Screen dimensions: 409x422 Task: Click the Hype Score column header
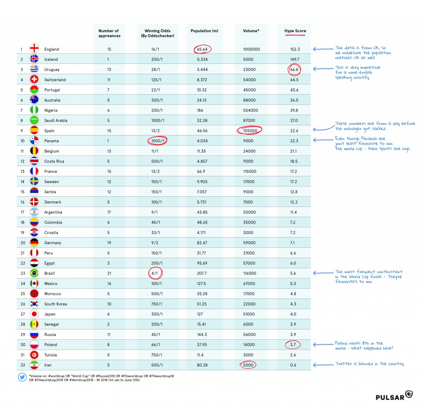[295, 31]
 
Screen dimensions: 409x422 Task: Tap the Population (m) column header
[201, 31]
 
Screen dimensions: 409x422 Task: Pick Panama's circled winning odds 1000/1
[157, 141]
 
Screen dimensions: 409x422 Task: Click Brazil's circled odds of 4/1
[155, 273]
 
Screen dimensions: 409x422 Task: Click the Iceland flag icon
[34, 59]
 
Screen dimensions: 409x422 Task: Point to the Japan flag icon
[34, 314]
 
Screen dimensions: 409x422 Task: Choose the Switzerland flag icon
[34, 80]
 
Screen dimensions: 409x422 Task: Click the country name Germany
[53, 243]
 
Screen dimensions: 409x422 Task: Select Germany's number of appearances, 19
[109, 243]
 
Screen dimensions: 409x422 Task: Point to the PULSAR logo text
[389, 397]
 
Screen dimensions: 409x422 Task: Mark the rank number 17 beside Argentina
[21, 212]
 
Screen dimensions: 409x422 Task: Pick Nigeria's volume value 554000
[251, 110]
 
